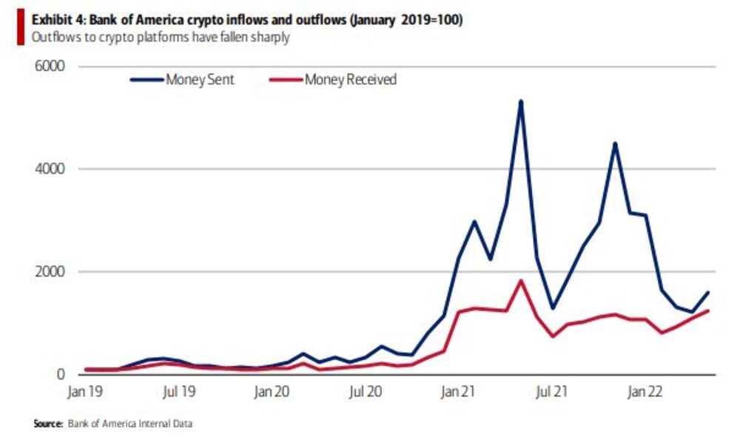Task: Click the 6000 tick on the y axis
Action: pyautogui.click(x=50, y=67)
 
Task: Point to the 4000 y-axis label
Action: pyautogui.click(x=50, y=169)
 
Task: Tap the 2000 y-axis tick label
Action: pyautogui.click(x=50, y=272)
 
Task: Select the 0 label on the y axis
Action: pyautogui.click(x=60, y=375)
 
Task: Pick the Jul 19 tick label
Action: pyautogui.click(x=178, y=392)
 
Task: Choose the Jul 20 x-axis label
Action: pyautogui.click(x=364, y=392)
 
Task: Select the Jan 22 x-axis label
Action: pyautogui.click(x=645, y=392)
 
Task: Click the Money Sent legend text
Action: pyautogui.click(x=200, y=80)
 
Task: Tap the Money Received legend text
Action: pyautogui.click(x=351, y=80)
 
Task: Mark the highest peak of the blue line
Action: pyautogui.click(x=521, y=101)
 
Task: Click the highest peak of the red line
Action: pyautogui.click(x=521, y=280)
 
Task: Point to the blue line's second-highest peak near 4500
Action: pyautogui.click(x=614, y=143)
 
